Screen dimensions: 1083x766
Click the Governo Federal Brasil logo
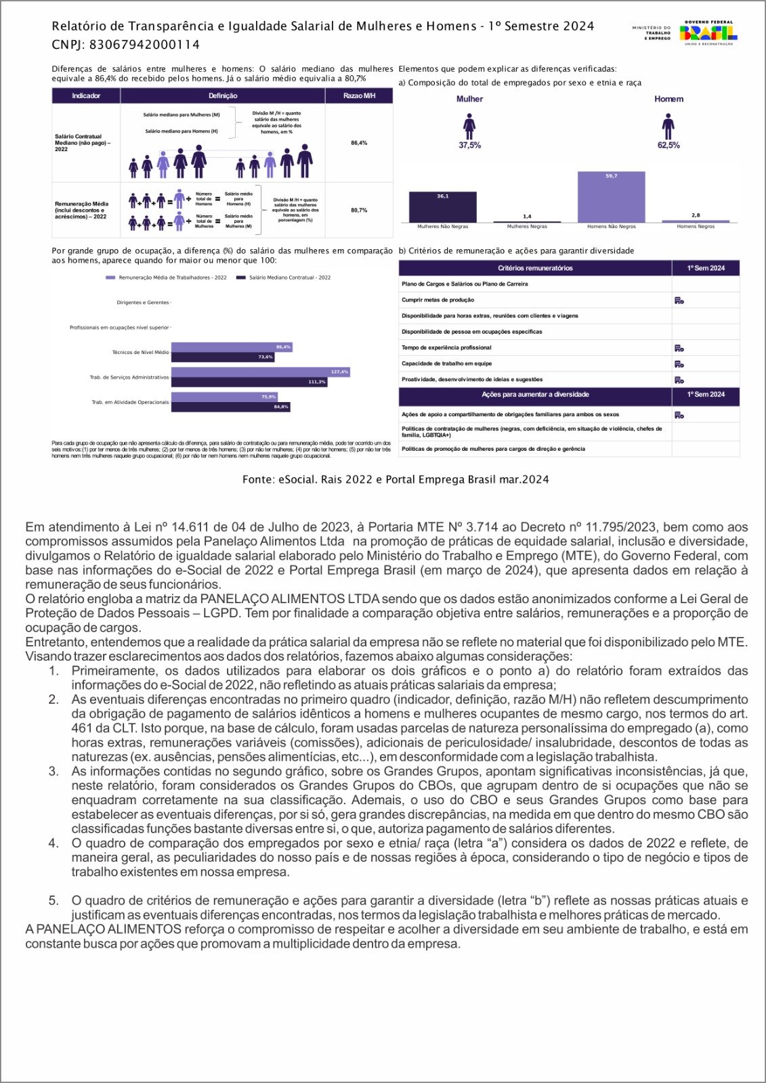[x=708, y=32]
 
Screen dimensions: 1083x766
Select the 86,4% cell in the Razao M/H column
[x=359, y=143]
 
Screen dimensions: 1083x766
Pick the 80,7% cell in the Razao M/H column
[x=359, y=211]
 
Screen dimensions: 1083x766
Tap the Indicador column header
[x=86, y=96]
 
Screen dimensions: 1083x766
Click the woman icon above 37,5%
[x=469, y=127]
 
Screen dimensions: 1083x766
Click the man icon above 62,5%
[x=668, y=127]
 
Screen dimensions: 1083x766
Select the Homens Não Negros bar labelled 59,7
[x=611, y=197]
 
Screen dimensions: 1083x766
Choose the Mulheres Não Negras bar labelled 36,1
[x=442, y=207]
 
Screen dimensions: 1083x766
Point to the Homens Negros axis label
[x=696, y=227]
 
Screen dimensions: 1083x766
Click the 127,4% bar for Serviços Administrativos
[x=260, y=372]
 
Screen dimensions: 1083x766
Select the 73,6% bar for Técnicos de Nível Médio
[x=223, y=357]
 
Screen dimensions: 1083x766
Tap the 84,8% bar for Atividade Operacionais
[x=230, y=407]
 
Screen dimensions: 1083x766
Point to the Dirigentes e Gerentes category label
[x=142, y=303]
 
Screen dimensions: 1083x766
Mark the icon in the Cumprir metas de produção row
[x=679, y=301]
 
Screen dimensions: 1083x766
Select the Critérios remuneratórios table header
[x=535, y=268]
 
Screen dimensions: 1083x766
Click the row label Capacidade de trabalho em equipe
[x=447, y=363]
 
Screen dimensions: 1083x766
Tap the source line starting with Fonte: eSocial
[x=396, y=479]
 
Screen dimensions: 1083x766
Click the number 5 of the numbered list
[x=53, y=900]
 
